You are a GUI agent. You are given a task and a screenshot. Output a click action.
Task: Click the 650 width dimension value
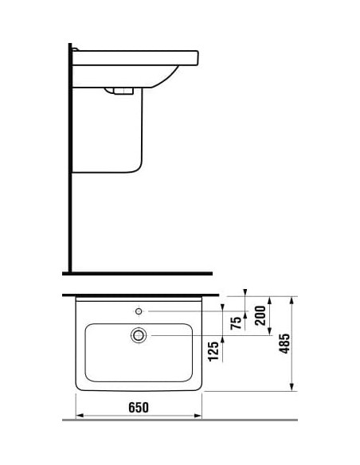139,408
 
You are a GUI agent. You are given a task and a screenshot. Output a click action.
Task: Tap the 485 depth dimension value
284,343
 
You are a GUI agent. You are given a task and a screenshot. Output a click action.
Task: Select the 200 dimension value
260,315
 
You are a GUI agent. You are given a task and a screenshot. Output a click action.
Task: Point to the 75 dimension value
236,323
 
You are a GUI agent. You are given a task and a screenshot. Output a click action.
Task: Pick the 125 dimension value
213,351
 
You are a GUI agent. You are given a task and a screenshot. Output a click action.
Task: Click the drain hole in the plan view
139,335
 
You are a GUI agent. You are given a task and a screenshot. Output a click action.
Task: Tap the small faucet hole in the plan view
139,311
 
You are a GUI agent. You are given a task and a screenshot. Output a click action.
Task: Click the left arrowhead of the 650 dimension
80,416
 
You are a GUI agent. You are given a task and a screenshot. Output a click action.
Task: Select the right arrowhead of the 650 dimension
198,416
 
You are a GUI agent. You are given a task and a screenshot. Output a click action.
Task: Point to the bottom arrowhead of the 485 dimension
292,387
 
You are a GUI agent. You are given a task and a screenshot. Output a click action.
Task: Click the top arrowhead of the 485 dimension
292,300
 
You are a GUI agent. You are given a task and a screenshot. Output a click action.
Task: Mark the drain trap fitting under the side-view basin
119,91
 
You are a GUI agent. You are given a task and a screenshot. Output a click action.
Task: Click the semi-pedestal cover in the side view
108,130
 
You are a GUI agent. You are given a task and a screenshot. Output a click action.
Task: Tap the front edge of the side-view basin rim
198,58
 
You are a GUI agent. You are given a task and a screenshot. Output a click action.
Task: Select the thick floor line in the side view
137,273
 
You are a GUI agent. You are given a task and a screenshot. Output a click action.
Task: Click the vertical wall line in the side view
70,158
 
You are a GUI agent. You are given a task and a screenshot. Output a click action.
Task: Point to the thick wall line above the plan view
140,295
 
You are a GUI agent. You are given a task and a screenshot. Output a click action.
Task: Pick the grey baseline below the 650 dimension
180,420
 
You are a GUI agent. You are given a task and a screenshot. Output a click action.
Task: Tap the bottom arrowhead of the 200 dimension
269,331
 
